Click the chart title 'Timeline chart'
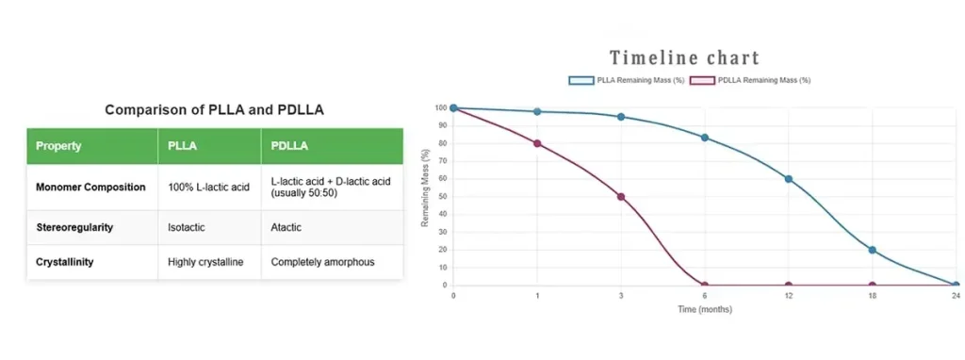pyautogui.click(x=684, y=58)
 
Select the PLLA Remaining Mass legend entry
pyautogui.click(x=627, y=80)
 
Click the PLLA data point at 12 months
pyautogui.click(x=788, y=179)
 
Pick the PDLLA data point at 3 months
pyautogui.click(x=621, y=197)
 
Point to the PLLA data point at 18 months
pyautogui.click(x=872, y=250)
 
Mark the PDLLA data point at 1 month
pyautogui.click(x=537, y=143)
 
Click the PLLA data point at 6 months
pyautogui.click(x=704, y=138)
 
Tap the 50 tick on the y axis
pyautogui.click(x=440, y=197)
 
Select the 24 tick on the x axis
pyautogui.click(x=955, y=296)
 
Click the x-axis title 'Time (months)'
pyautogui.click(x=704, y=309)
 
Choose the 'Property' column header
pyautogui.click(x=58, y=146)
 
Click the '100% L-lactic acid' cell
pyautogui.click(x=208, y=187)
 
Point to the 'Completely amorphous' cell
pyautogui.click(x=322, y=261)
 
